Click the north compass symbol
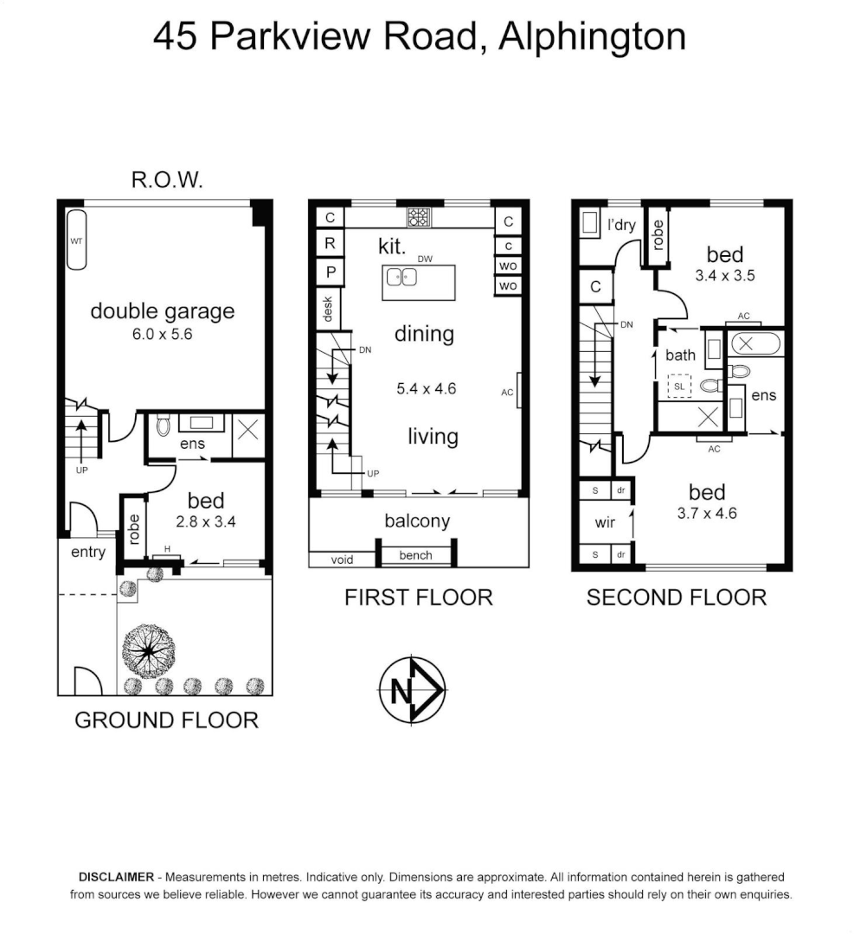[412, 691]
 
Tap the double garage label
[163, 311]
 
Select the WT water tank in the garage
[75, 241]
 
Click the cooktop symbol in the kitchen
[420, 217]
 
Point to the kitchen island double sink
[402, 277]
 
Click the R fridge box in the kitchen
[330, 244]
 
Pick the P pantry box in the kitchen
[330, 272]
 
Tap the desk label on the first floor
[328, 309]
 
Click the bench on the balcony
[415, 555]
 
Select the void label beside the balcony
[343, 560]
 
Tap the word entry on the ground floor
[87, 552]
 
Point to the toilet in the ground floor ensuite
[163, 426]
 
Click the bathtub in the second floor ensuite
[756, 343]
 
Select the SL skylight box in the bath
[679, 386]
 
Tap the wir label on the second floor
[604, 523]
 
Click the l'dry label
[621, 226]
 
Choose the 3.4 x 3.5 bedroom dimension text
[724, 278]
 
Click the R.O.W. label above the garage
[167, 180]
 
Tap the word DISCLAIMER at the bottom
[117, 876]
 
